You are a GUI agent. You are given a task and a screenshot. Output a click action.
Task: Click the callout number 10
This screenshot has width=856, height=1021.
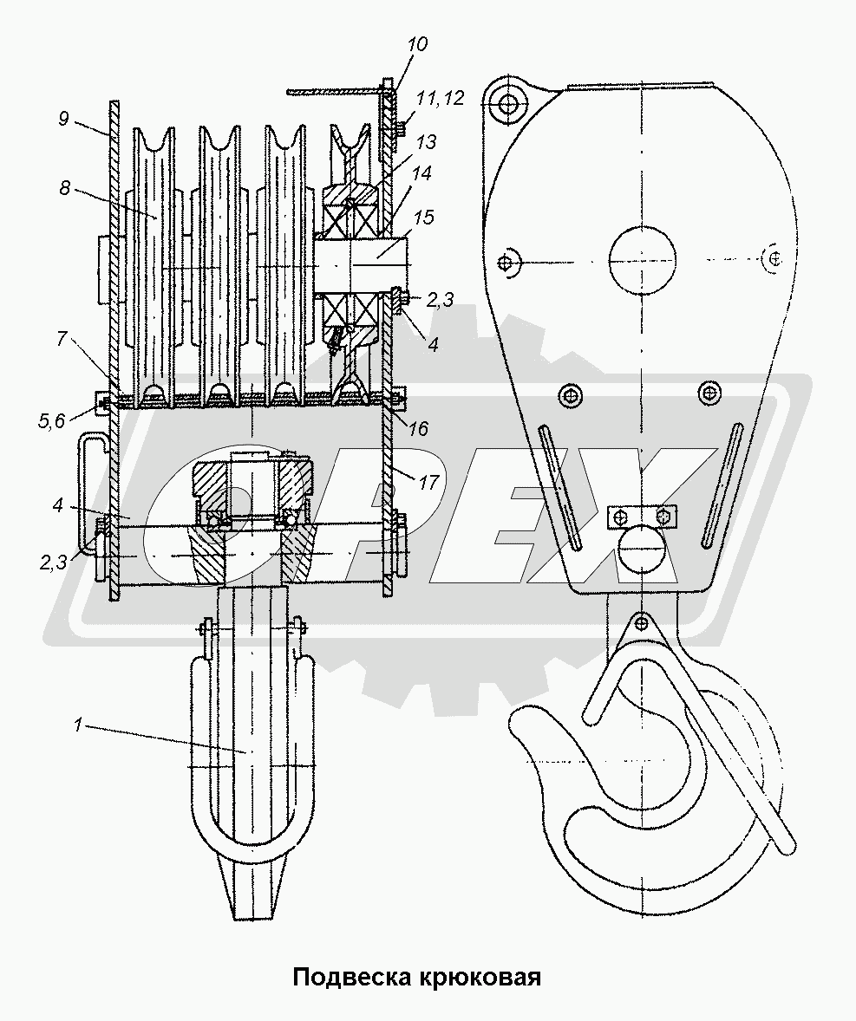point(417,44)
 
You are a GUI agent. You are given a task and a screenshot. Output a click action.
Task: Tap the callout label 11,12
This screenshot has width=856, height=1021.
point(440,98)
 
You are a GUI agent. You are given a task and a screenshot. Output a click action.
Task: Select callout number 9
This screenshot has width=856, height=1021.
point(63,119)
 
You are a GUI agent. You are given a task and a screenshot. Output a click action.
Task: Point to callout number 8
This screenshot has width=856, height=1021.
point(64,187)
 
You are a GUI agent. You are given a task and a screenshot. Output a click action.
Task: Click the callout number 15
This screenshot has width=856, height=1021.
point(423,217)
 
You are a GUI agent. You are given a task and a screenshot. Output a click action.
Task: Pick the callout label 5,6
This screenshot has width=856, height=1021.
point(52,421)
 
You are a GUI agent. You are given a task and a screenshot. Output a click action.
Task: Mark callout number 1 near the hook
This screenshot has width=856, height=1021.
point(77,724)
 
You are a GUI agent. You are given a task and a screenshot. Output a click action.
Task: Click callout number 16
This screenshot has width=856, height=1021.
point(418,428)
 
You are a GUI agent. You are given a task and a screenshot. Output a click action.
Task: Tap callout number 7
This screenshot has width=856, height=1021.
point(62,338)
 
